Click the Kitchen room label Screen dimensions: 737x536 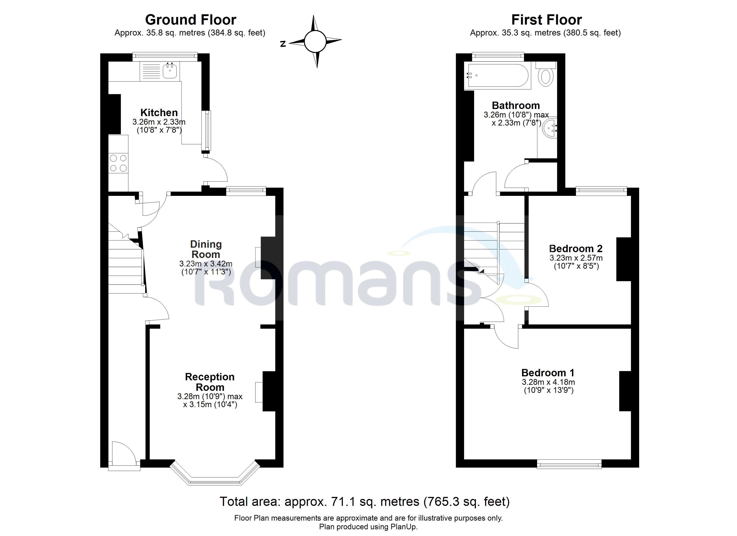point(159,113)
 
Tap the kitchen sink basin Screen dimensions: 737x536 point(170,71)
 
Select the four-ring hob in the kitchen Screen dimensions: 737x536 point(118,163)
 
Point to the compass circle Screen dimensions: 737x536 point(315,41)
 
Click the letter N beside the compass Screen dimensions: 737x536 point(283,44)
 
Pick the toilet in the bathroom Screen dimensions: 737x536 point(546,75)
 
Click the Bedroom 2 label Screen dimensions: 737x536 point(576,249)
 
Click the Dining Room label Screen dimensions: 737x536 point(206,249)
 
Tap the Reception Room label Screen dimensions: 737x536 point(209,382)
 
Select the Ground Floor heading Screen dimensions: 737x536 point(191,20)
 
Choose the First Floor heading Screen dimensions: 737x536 point(546,20)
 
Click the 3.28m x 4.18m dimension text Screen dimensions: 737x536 point(548,382)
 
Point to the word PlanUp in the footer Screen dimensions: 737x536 point(403,527)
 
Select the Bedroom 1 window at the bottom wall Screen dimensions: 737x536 point(569,464)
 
